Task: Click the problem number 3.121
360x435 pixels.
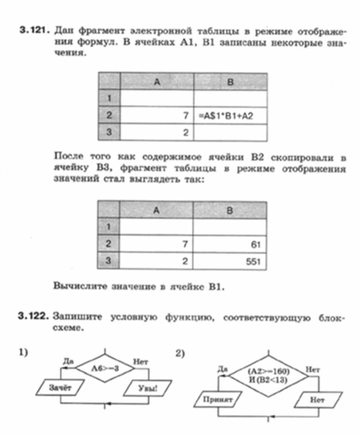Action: coord(34,32)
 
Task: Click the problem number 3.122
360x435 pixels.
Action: coord(34,316)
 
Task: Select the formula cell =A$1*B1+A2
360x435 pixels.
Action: coord(226,116)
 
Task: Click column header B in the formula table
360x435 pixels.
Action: coord(230,82)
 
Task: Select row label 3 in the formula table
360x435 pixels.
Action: coord(108,133)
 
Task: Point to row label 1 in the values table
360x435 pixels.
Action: coord(108,227)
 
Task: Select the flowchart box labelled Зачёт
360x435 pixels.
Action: coord(58,388)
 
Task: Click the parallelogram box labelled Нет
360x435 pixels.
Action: coord(317,400)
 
